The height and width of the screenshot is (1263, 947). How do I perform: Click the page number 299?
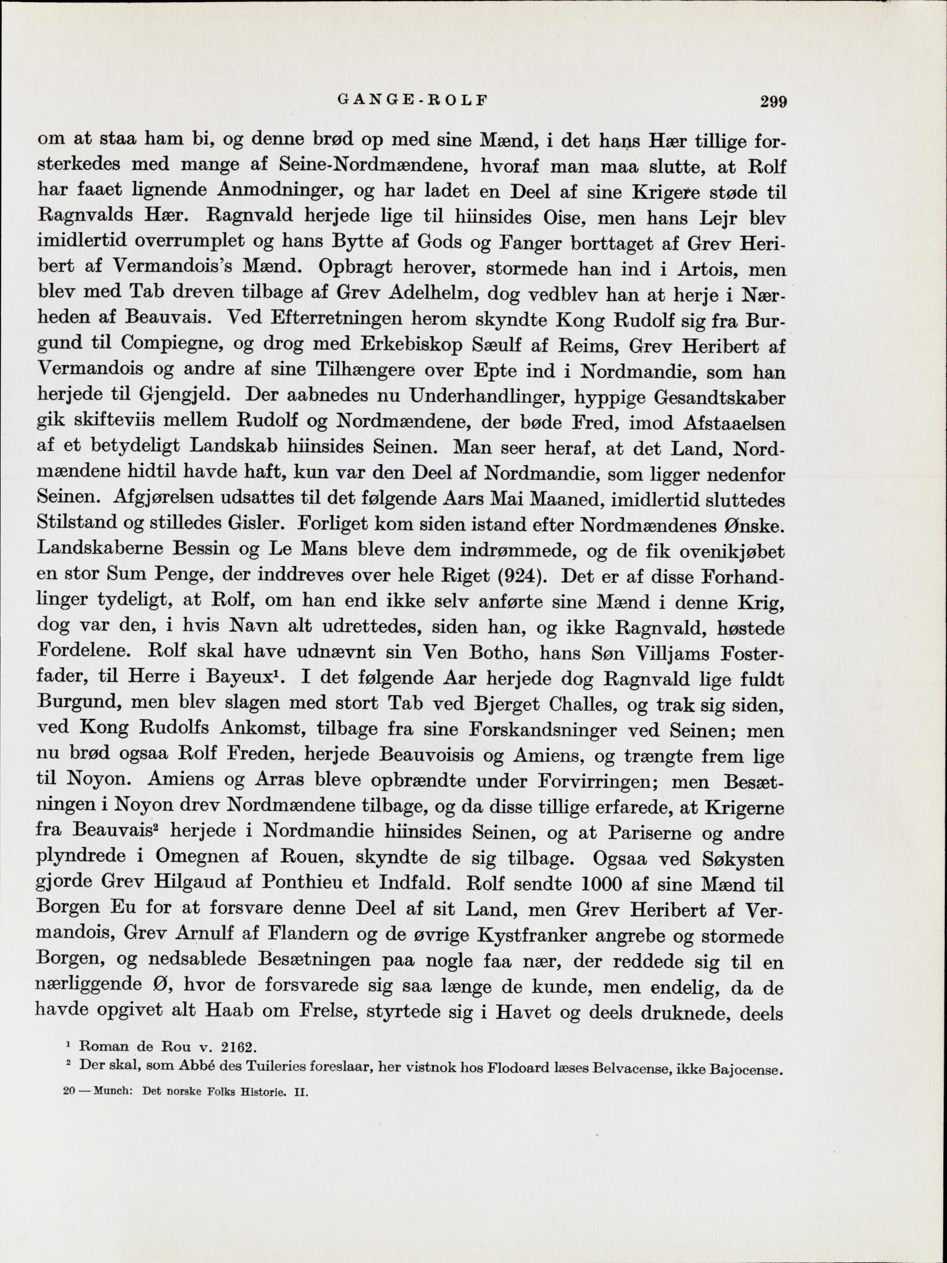[773, 102]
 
